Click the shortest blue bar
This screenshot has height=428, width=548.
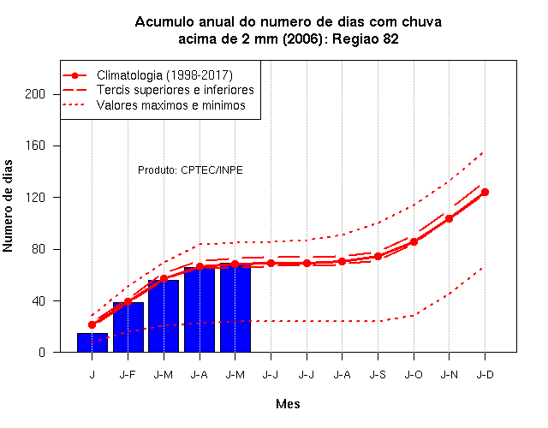(x=92, y=342)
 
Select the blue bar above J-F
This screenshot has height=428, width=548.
(x=128, y=327)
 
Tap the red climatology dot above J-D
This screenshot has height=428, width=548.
(x=485, y=192)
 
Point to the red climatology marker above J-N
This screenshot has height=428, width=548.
(x=449, y=219)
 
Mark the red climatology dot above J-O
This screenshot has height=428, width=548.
(x=414, y=241)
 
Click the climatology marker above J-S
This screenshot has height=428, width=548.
(x=378, y=257)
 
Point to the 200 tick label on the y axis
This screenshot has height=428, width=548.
(x=35, y=94)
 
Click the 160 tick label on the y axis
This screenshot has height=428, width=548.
(x=35, y=146)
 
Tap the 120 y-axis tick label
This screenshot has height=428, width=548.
(x=35, y=198)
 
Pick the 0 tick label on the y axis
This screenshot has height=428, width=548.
(x=42, y=352)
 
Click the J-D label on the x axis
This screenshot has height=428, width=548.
(x=485, y=375)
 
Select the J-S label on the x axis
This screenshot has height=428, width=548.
(x=378, y=375)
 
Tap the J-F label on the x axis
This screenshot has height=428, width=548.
(x=128, y=375)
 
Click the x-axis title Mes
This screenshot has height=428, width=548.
(x=288, y=404)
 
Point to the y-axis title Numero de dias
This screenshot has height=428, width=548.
(x=8, y=205)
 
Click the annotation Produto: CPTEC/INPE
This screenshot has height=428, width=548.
(x=190, y=170)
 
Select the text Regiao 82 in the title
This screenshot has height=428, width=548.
(x=366, y=39)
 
